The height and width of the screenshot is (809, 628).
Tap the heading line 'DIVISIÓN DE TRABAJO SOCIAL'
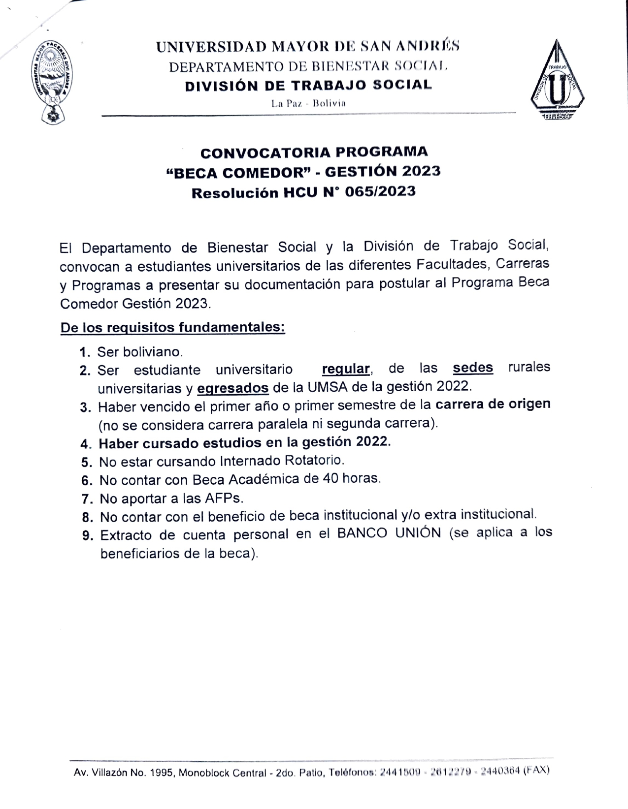click(x=308, y=85)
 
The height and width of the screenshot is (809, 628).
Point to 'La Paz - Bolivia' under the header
click(x=308, y=103)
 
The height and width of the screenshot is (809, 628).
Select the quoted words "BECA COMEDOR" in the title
click(x=242, y=172)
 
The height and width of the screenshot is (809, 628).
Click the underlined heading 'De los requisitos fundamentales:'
click(x=172, y=327)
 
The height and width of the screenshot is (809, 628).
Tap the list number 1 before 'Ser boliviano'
click(x=84, y=352)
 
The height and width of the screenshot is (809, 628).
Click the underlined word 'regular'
click(x=346, y=369)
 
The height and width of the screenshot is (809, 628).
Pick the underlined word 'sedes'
click(x=473, y=368)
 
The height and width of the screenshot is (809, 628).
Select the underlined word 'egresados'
click(x=233, y=388)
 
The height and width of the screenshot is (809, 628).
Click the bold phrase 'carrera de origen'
click(x=493, y=404)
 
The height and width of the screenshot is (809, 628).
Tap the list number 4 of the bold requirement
click(x=86, y=444)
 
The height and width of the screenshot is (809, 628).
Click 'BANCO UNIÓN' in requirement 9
click(x=389, y=534)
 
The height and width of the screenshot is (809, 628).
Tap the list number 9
click(x=87, y=536)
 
